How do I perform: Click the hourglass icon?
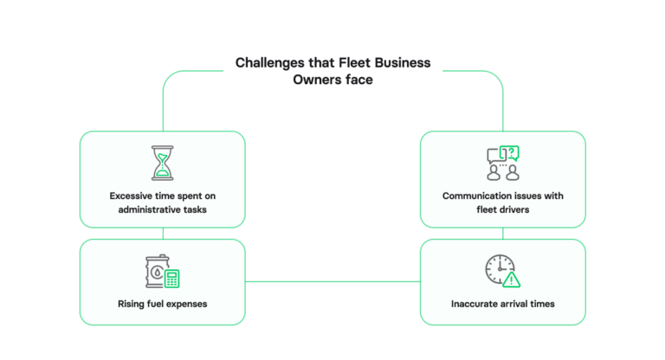(x=162, y=162)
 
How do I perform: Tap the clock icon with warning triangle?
(x=502, y=271)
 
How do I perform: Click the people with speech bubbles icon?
(x=502, y=163)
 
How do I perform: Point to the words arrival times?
(x=529, y=304)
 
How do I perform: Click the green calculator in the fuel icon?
(x=171, y=278)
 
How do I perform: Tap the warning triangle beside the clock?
(x=512, y=279)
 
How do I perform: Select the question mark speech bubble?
(x=511, y=153)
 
